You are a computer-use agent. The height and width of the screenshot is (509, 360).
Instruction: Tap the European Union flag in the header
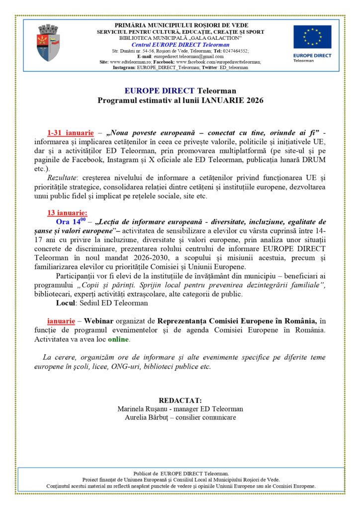pyautogui.click(x=312, y=37)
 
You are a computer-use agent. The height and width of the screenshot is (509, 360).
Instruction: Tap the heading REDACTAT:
pyautogui.click(x=180, y=401)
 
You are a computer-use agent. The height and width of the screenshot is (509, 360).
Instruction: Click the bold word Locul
pyautogui.click(x=66, y=303)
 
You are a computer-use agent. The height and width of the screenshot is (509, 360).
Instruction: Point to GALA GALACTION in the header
pyautogui.click(x=217, y=38)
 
